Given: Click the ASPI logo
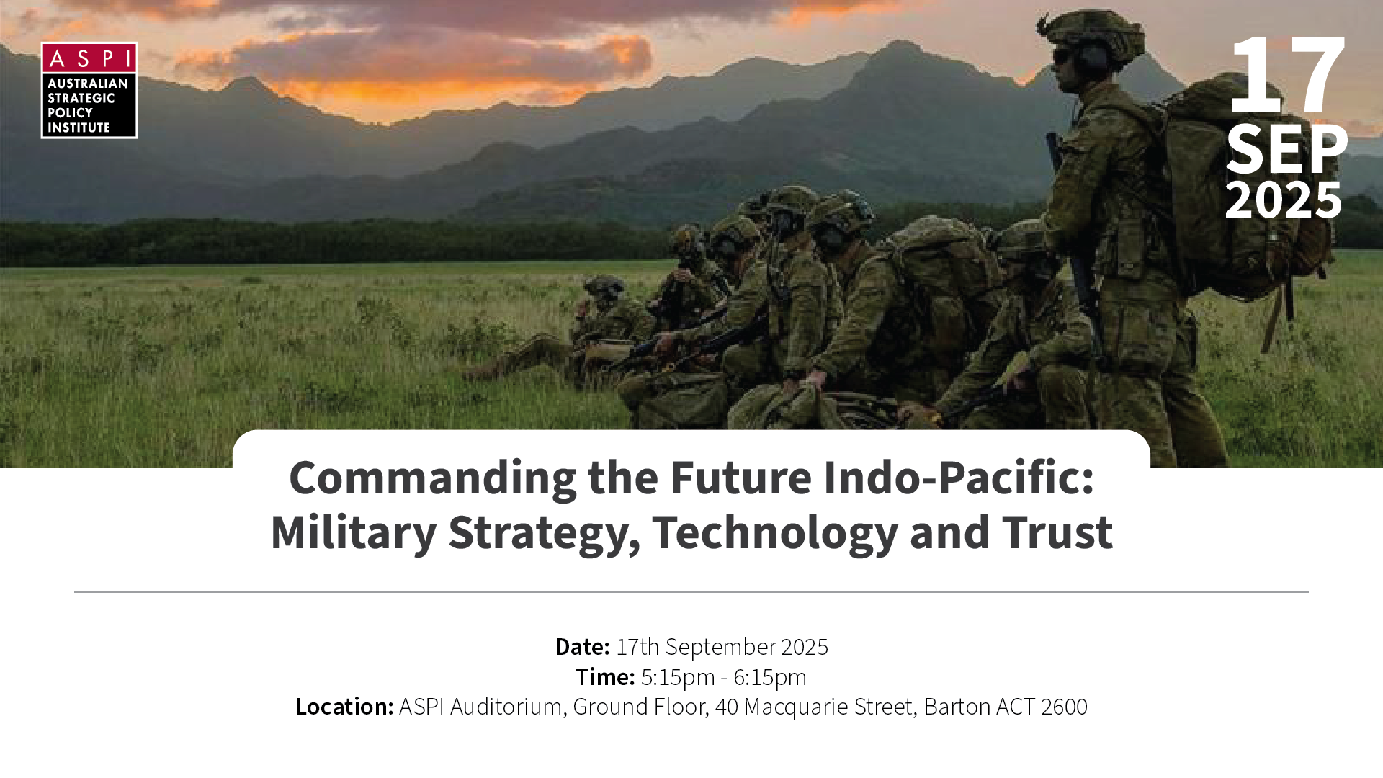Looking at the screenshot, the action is pyautogui.click(x=89, y=90).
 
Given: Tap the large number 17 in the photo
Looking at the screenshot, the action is pyautogui.click(x=1287, y=75).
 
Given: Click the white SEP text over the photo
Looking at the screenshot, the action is pyautogui.click(x=1286, y=150).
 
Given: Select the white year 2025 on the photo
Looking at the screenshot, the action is pyautogui.click(x=1284, y=200).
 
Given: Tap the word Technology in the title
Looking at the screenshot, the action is pyautogui.click(x=775, y=534).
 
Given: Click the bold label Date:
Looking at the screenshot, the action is pyautogui.click(x=582, y=647).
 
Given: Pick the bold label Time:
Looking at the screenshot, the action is pyautogui.click(x=605, y=677).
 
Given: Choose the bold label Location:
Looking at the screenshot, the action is pyautogui.click(x=344, y=707).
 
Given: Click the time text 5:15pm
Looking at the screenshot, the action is pyautogui.click(x=678, y=678).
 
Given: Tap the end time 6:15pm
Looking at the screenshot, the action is pyautogui.click(x=770, y=678).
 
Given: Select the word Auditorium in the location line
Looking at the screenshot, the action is pyautogui.click(x=506, y=707).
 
